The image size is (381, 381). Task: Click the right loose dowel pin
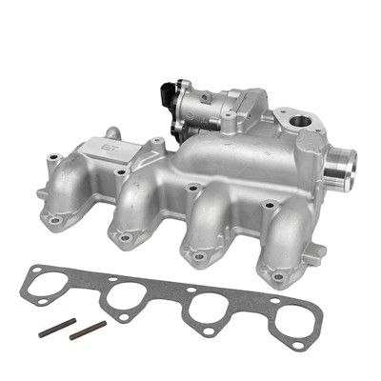click(89, 330)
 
